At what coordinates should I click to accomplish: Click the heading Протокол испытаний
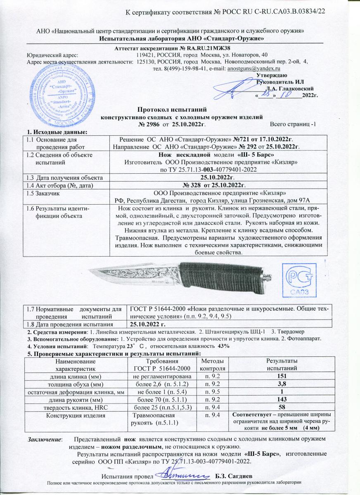tap(171, 110)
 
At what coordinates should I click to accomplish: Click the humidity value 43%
tap(223, 346)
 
